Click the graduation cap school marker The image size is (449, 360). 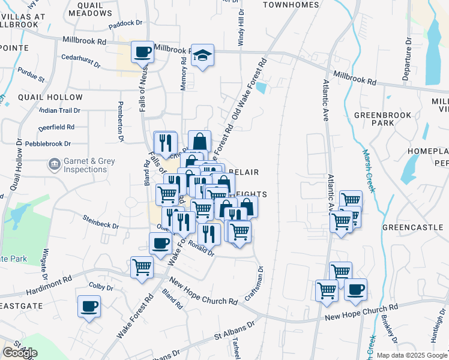point(203,56)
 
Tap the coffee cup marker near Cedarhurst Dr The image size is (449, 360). point(142,52)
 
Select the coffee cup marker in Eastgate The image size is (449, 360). point(89,307)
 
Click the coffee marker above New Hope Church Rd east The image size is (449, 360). point(355,290)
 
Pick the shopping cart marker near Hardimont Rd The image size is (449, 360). point(142,267)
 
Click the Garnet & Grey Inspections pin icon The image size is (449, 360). point(54,163)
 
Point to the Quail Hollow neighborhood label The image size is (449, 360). point(50,97)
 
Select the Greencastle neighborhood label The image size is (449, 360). point(412,228)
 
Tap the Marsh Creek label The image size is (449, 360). point(368,171)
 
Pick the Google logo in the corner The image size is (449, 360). point(20,353)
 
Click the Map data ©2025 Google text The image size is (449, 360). point(412,355)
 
